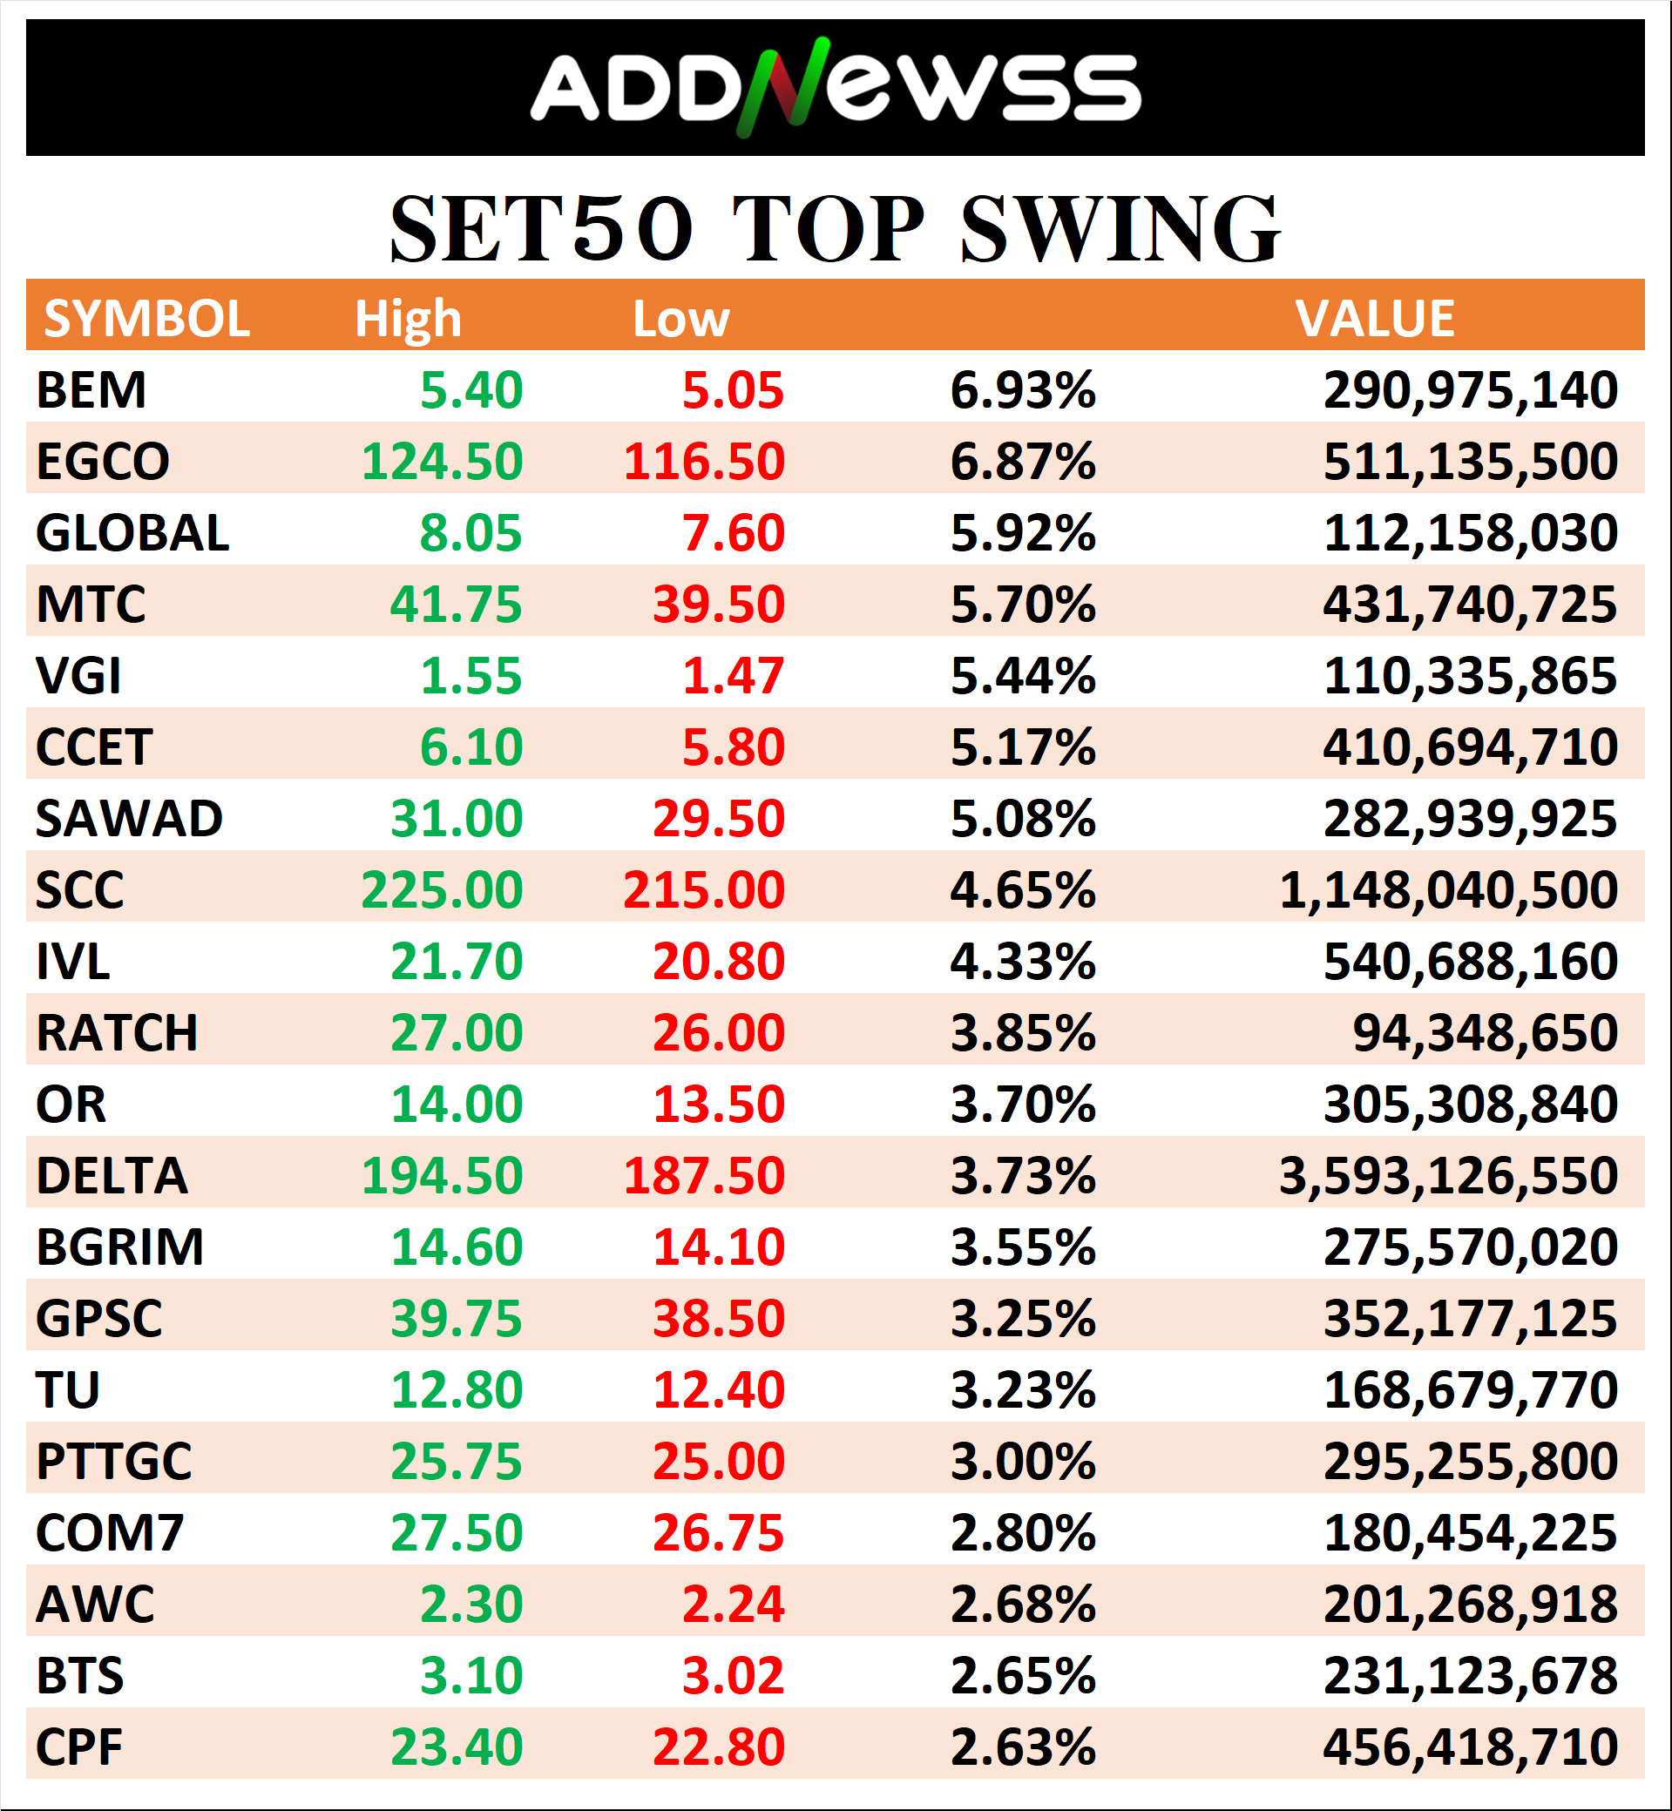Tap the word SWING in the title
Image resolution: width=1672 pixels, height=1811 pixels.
tap(1120, 230)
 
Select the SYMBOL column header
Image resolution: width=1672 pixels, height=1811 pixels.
tap(146, 319)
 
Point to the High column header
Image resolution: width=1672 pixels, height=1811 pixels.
tap(407, 319)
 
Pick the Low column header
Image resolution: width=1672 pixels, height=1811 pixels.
tap(680, 319)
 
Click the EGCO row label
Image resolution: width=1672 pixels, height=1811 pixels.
tap(102, 462)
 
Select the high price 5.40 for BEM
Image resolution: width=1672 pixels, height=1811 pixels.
tap(470, 390)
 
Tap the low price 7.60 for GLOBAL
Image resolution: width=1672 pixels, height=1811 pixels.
tap(733, 533)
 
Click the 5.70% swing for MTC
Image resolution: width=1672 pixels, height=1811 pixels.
tap(1022, 605)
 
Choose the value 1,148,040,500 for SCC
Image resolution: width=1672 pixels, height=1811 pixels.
tap(1447, 890)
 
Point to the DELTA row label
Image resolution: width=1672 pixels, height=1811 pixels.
tap(112, 1176)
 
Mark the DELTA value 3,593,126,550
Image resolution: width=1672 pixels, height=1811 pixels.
tap(1447, 1176)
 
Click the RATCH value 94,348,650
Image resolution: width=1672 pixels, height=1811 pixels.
tap(1484, 1033)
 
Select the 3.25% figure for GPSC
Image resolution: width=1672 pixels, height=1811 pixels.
tap(1022, 1319)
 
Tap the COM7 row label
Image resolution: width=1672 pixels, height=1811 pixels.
tap(110, 1533)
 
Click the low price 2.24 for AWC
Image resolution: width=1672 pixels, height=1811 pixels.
tap(733, 1605)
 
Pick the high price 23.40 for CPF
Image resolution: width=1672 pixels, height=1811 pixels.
tap(456, 1747)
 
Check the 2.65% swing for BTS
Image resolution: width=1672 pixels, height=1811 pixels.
tap(1022, 1676)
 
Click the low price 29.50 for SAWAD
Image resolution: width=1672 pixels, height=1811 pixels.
tap(719, 819)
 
